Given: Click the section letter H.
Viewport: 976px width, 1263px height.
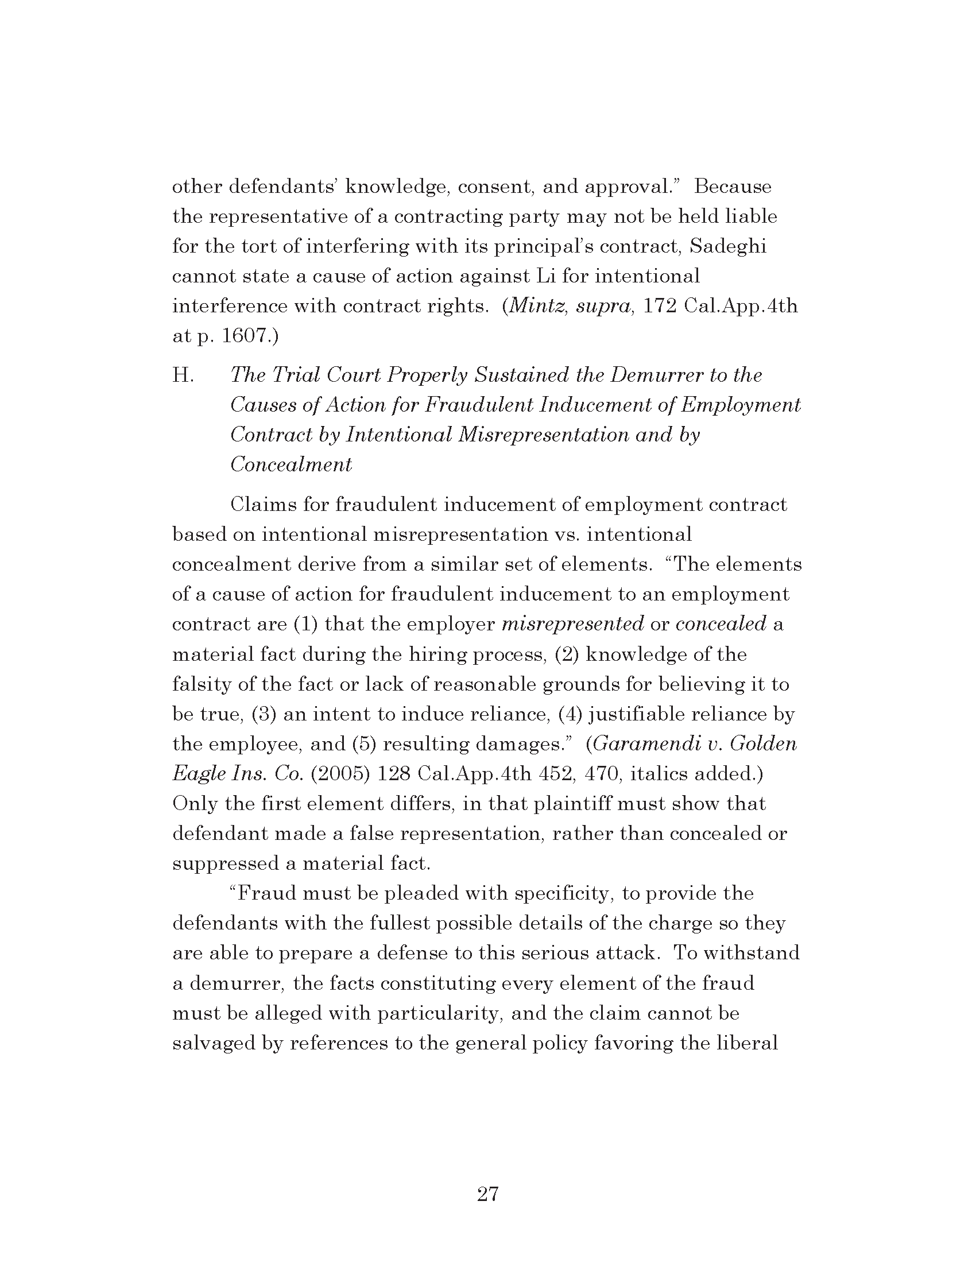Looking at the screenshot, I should [183, 375].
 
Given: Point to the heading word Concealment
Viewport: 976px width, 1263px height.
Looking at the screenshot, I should [291, 465].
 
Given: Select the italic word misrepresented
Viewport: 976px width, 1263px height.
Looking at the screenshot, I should [572, 624].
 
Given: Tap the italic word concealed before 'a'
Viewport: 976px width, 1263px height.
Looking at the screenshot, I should [721, 624].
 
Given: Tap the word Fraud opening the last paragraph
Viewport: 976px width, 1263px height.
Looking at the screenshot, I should [266, 893].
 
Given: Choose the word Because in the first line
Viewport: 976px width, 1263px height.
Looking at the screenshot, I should [733, 187].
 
